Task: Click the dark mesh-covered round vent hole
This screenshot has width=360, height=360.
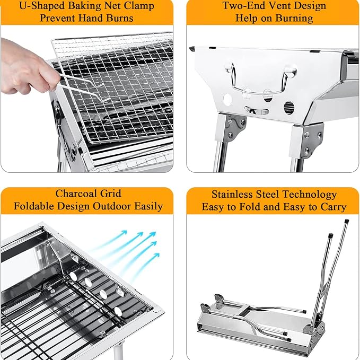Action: [x=289, y=108]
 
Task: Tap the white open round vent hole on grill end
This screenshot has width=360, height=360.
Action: [x=227, y=100]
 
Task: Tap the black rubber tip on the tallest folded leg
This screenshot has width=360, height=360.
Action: [x=347, y=222]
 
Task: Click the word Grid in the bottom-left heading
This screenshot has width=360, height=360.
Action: [x=110, y=194]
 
